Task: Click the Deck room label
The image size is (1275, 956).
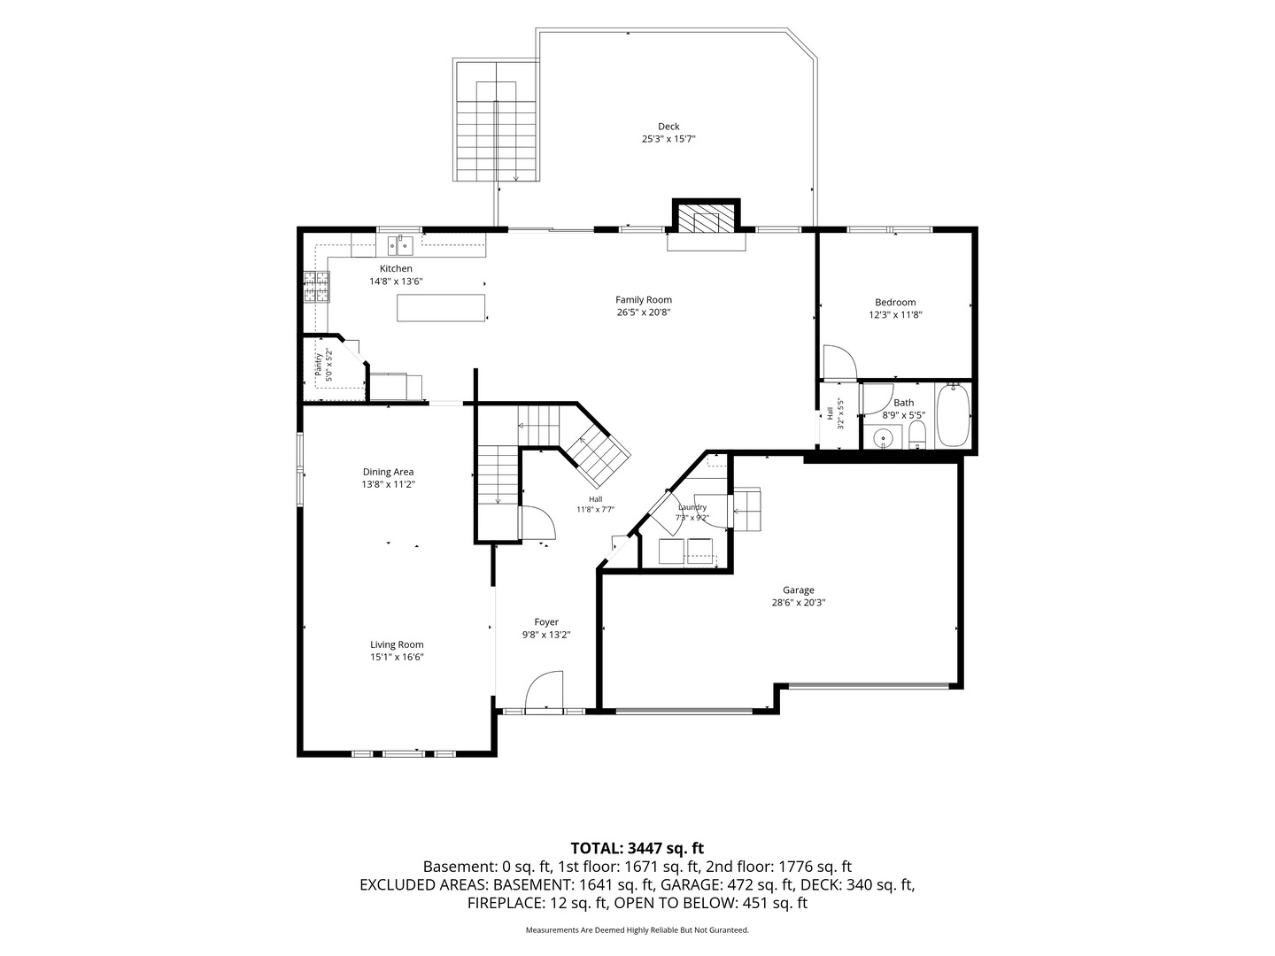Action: click(668, 126)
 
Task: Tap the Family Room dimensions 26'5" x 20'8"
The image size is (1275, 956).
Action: click(643, 312)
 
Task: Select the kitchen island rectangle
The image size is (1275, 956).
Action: click(441, 308)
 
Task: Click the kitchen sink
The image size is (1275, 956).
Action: click(400, 245)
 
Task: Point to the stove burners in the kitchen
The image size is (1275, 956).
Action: click(317, 287)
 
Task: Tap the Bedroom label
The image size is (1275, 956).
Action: click(895, 302)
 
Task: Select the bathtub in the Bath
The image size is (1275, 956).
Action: click(953, 416)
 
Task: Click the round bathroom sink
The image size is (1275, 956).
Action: click(883, 436)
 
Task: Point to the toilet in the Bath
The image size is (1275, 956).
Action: click(916, 436)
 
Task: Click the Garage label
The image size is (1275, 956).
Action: click(798, 590)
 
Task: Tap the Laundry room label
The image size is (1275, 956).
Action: click(692, 506)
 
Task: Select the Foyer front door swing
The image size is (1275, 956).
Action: click(545, 690)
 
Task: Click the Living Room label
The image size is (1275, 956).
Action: click(397, 644)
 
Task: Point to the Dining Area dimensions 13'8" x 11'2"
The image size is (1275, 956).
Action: click(388, 484)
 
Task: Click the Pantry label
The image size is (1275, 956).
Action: click(319, 365)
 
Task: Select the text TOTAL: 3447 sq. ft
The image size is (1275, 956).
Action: click(637, 848)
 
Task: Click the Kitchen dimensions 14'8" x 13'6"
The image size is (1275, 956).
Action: click(396, 281)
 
